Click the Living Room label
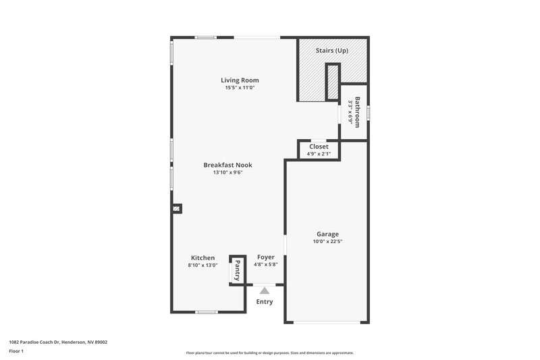pyautogui.click(x=241, y=80)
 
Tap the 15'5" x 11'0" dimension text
pyautogui.click(x=241, y=88)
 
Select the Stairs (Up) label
pyautogui.click(x=333, y=51)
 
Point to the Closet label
pyautogui.click(x=319, y=147)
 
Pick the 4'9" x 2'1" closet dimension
pyautogui.click(x=319, y=154)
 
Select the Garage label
pyautogui.click(x=327, y=234)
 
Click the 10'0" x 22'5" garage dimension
pyautogui.click(x=327, y=242)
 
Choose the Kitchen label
pyautogui.click(x=202, y=258)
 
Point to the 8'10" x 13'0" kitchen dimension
pyautogui.click(x=202, y=265)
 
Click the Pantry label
pyautogui.click(x=237, y=271)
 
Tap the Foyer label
pyautogui.click(x=266, y=257)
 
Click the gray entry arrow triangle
pyautogui.click(x=265, y=290)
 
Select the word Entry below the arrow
pyautogui.click(x=265, y=302)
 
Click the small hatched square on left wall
pyautogui.click(x=176, y=209)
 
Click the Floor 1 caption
pyautogui.click(x=17, y=352)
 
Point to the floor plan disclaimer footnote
pyautogui.click(x=269, y=353)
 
